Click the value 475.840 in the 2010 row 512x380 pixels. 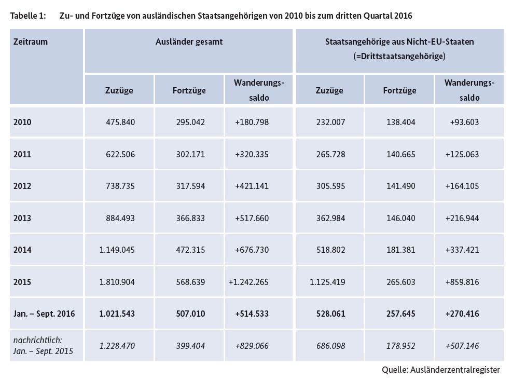(x=120, y=122)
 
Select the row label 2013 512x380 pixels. (x=22, y=218)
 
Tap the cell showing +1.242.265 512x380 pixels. (x=248, y=282)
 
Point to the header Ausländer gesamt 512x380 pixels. (x=189, y=42)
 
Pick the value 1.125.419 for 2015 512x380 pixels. (x=327, y=282)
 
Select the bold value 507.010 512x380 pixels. (x=191, y=314)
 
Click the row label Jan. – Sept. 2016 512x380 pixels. (x=44, y=314)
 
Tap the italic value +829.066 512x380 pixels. (x=252, y=346)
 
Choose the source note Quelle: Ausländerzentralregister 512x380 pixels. (x=441, y=370)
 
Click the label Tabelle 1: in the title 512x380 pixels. (x=28, y=16)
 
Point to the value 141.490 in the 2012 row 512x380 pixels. (x=401, y=186)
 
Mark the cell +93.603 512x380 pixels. (x=464, y=122)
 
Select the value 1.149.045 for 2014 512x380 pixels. (x=117, y=250)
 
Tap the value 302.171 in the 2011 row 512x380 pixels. (x=191, y=154)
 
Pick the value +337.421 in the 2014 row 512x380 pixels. (x=462, y=250)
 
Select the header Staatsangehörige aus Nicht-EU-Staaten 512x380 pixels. (x=399, y=42)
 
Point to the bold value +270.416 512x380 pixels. (x=462, y=314)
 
